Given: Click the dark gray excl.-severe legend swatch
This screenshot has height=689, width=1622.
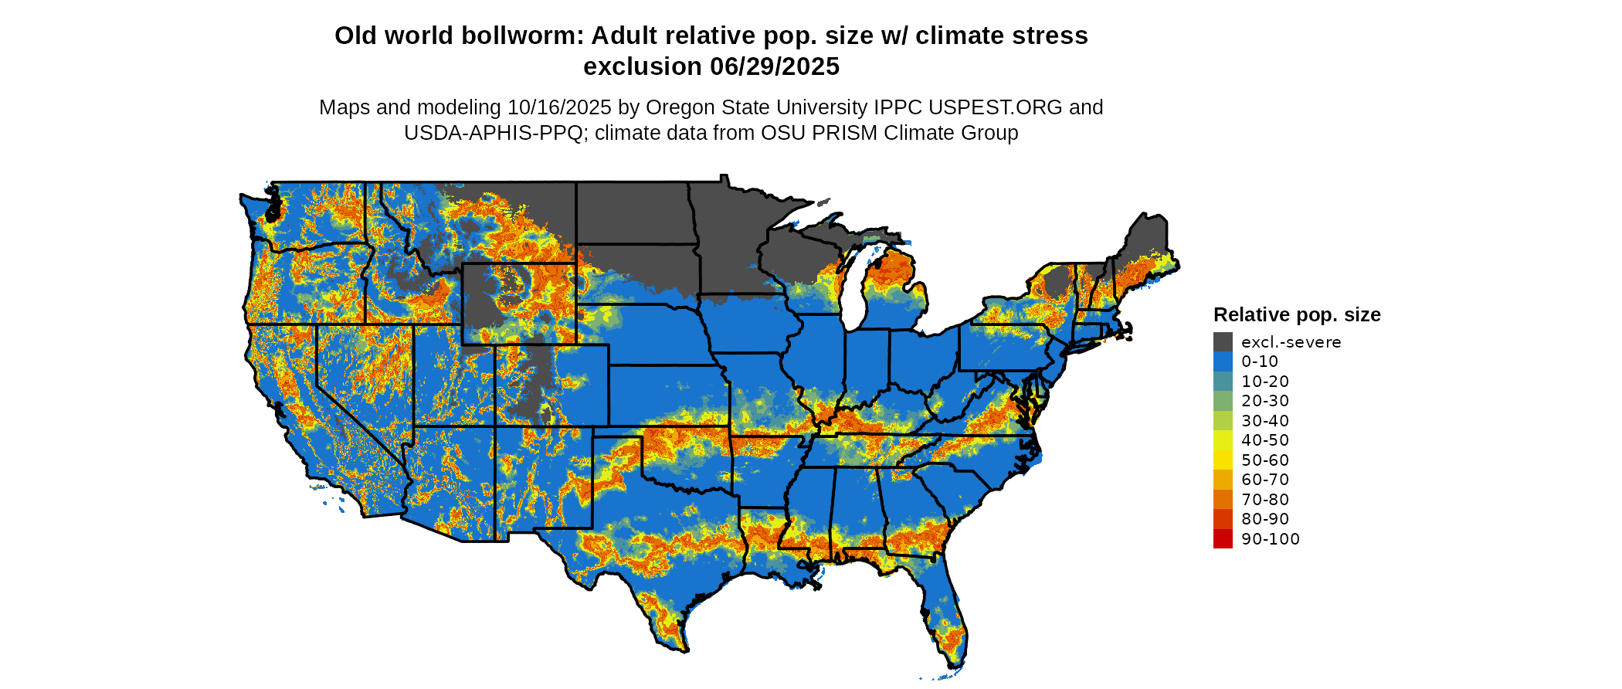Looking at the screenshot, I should [1223, 342].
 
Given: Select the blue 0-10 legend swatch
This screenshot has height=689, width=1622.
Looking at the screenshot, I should [1223, 361].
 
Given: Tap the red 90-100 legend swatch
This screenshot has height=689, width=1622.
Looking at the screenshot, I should [1223, 539].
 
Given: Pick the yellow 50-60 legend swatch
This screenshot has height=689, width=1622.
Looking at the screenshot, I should [1223, 460].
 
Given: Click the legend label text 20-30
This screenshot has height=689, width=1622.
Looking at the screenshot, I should [1265, 401].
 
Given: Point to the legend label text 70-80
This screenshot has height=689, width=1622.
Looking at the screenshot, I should [1265, 500].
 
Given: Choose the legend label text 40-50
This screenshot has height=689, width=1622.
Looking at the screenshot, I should [1265, 440].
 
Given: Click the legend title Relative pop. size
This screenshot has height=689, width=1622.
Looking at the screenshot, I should [1297, 315].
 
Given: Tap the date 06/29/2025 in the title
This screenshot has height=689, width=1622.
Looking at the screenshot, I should [775, 67].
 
